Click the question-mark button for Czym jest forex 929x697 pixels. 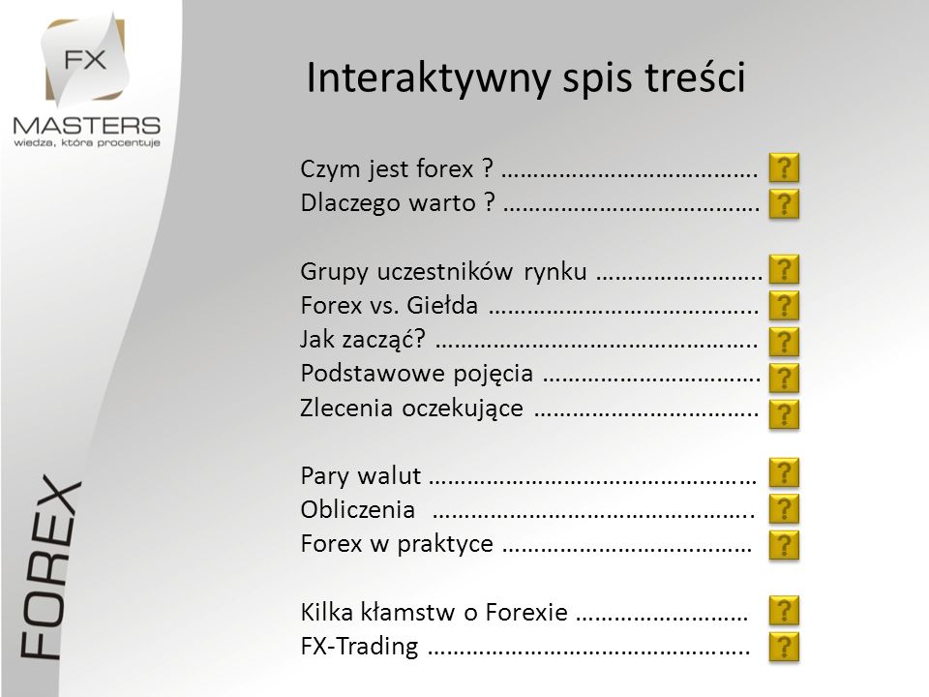[784, 167]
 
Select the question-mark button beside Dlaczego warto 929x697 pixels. [784, 204]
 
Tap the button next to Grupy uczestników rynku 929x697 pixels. [784, 270]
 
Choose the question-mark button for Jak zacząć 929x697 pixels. [784, 342]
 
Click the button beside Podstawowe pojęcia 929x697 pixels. [784, 379]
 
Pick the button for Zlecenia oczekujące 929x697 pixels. [784, 414]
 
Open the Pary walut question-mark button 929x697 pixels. [784, 473]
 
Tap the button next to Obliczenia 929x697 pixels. [784, 509]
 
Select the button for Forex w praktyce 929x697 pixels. [784, 545]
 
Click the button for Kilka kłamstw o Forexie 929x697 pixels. [784, 611]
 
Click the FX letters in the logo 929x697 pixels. [85, 60]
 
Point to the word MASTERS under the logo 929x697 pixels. [86, 125]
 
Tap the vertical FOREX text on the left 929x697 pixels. [50, 566]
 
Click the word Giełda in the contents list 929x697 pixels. [442, 305]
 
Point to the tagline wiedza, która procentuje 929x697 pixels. [86, 143]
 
